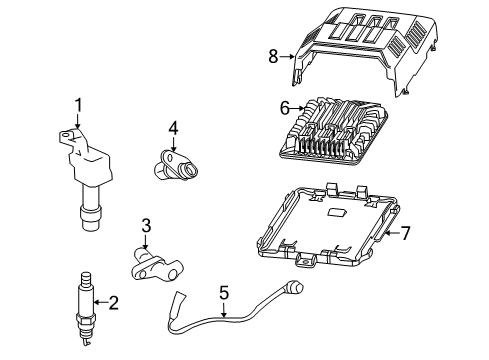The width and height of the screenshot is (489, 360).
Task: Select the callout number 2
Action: point(113,302)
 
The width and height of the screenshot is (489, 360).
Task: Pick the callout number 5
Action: point(224,292)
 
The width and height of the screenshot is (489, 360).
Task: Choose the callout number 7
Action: point(406,234)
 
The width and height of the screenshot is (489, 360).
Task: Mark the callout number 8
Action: point(272,58)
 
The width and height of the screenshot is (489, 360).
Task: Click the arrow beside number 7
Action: point(392,234)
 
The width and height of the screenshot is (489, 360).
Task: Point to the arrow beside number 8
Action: point(286,58)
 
